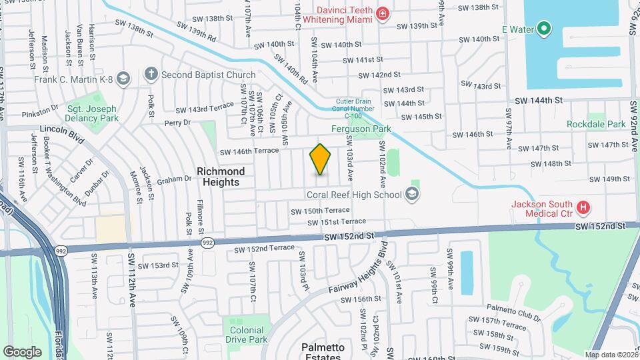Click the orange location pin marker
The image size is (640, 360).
(321, 159)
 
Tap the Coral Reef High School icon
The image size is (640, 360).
(412, 195)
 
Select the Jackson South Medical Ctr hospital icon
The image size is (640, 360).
(583, 209)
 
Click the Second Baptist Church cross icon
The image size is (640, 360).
(151, 75)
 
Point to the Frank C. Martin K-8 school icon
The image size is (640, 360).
(122, 79)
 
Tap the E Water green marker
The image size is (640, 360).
(544, 29)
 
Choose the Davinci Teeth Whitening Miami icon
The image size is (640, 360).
(382, 14)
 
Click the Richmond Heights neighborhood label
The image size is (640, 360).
(221, 177)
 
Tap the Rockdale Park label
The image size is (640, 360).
(596, 124)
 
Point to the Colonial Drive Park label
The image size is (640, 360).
(247, 335)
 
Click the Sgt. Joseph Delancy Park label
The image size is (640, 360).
(92, 113)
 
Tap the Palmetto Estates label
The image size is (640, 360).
(323, 352)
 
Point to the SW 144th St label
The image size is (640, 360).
(539, 100)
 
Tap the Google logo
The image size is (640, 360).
(22, 351)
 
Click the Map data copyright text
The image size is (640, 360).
(611, 355)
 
